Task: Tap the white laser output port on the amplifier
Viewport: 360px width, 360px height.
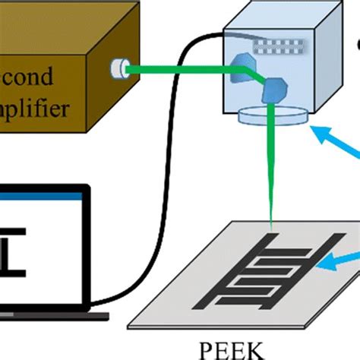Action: pyautogui.click(x=118, y=69)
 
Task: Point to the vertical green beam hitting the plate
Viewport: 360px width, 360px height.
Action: pyautogui.click(x=271, y=175)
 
